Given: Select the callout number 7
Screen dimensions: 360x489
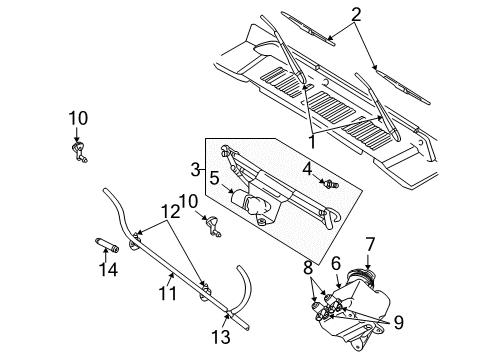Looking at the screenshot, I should pos(369,243).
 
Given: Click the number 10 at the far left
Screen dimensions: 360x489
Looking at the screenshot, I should pos(78,118).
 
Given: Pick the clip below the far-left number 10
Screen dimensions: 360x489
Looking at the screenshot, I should pos(77,151).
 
